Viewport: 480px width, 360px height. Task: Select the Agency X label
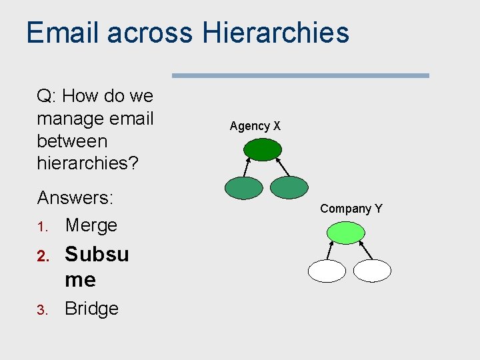pos(255,126)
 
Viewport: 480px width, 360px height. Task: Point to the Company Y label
pos(351,209)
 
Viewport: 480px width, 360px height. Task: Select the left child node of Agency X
pos(243,188)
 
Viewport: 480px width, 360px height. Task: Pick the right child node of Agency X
pos(289,188)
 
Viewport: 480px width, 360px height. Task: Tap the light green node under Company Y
pos(346,233)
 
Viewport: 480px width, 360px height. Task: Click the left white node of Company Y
pos(327,271)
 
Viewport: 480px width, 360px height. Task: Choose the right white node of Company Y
pos(372,271)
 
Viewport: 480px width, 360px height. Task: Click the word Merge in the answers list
pos(91,225)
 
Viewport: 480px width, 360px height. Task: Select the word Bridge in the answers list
pos(91,309)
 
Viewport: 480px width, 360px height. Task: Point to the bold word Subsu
pos(97,254)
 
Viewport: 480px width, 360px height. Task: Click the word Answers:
pos(75,198)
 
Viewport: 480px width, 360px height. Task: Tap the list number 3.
pos(41,310)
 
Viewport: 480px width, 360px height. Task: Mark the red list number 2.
pos(41,255)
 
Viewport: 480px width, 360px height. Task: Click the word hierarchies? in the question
pos(87,163)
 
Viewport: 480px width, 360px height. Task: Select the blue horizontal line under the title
pos(301,75)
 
